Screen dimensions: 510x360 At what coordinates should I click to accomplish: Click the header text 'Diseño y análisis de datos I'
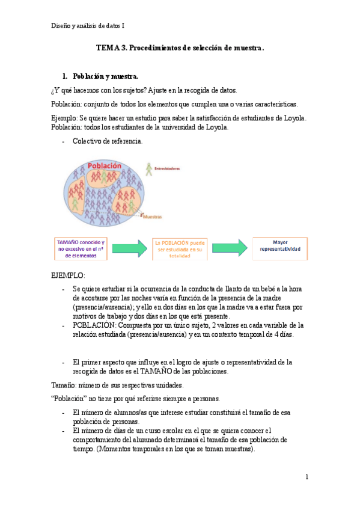click(x=88, y=25)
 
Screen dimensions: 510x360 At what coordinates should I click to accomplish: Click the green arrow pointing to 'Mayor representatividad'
click(x=230, y=247)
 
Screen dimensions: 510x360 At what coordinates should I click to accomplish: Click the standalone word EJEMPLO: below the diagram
click(x=69, y=275)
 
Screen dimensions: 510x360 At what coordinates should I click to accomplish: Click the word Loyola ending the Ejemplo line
click(x=294, y=117)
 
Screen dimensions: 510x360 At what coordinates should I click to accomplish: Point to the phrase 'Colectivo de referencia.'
click(x=108, y=141)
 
